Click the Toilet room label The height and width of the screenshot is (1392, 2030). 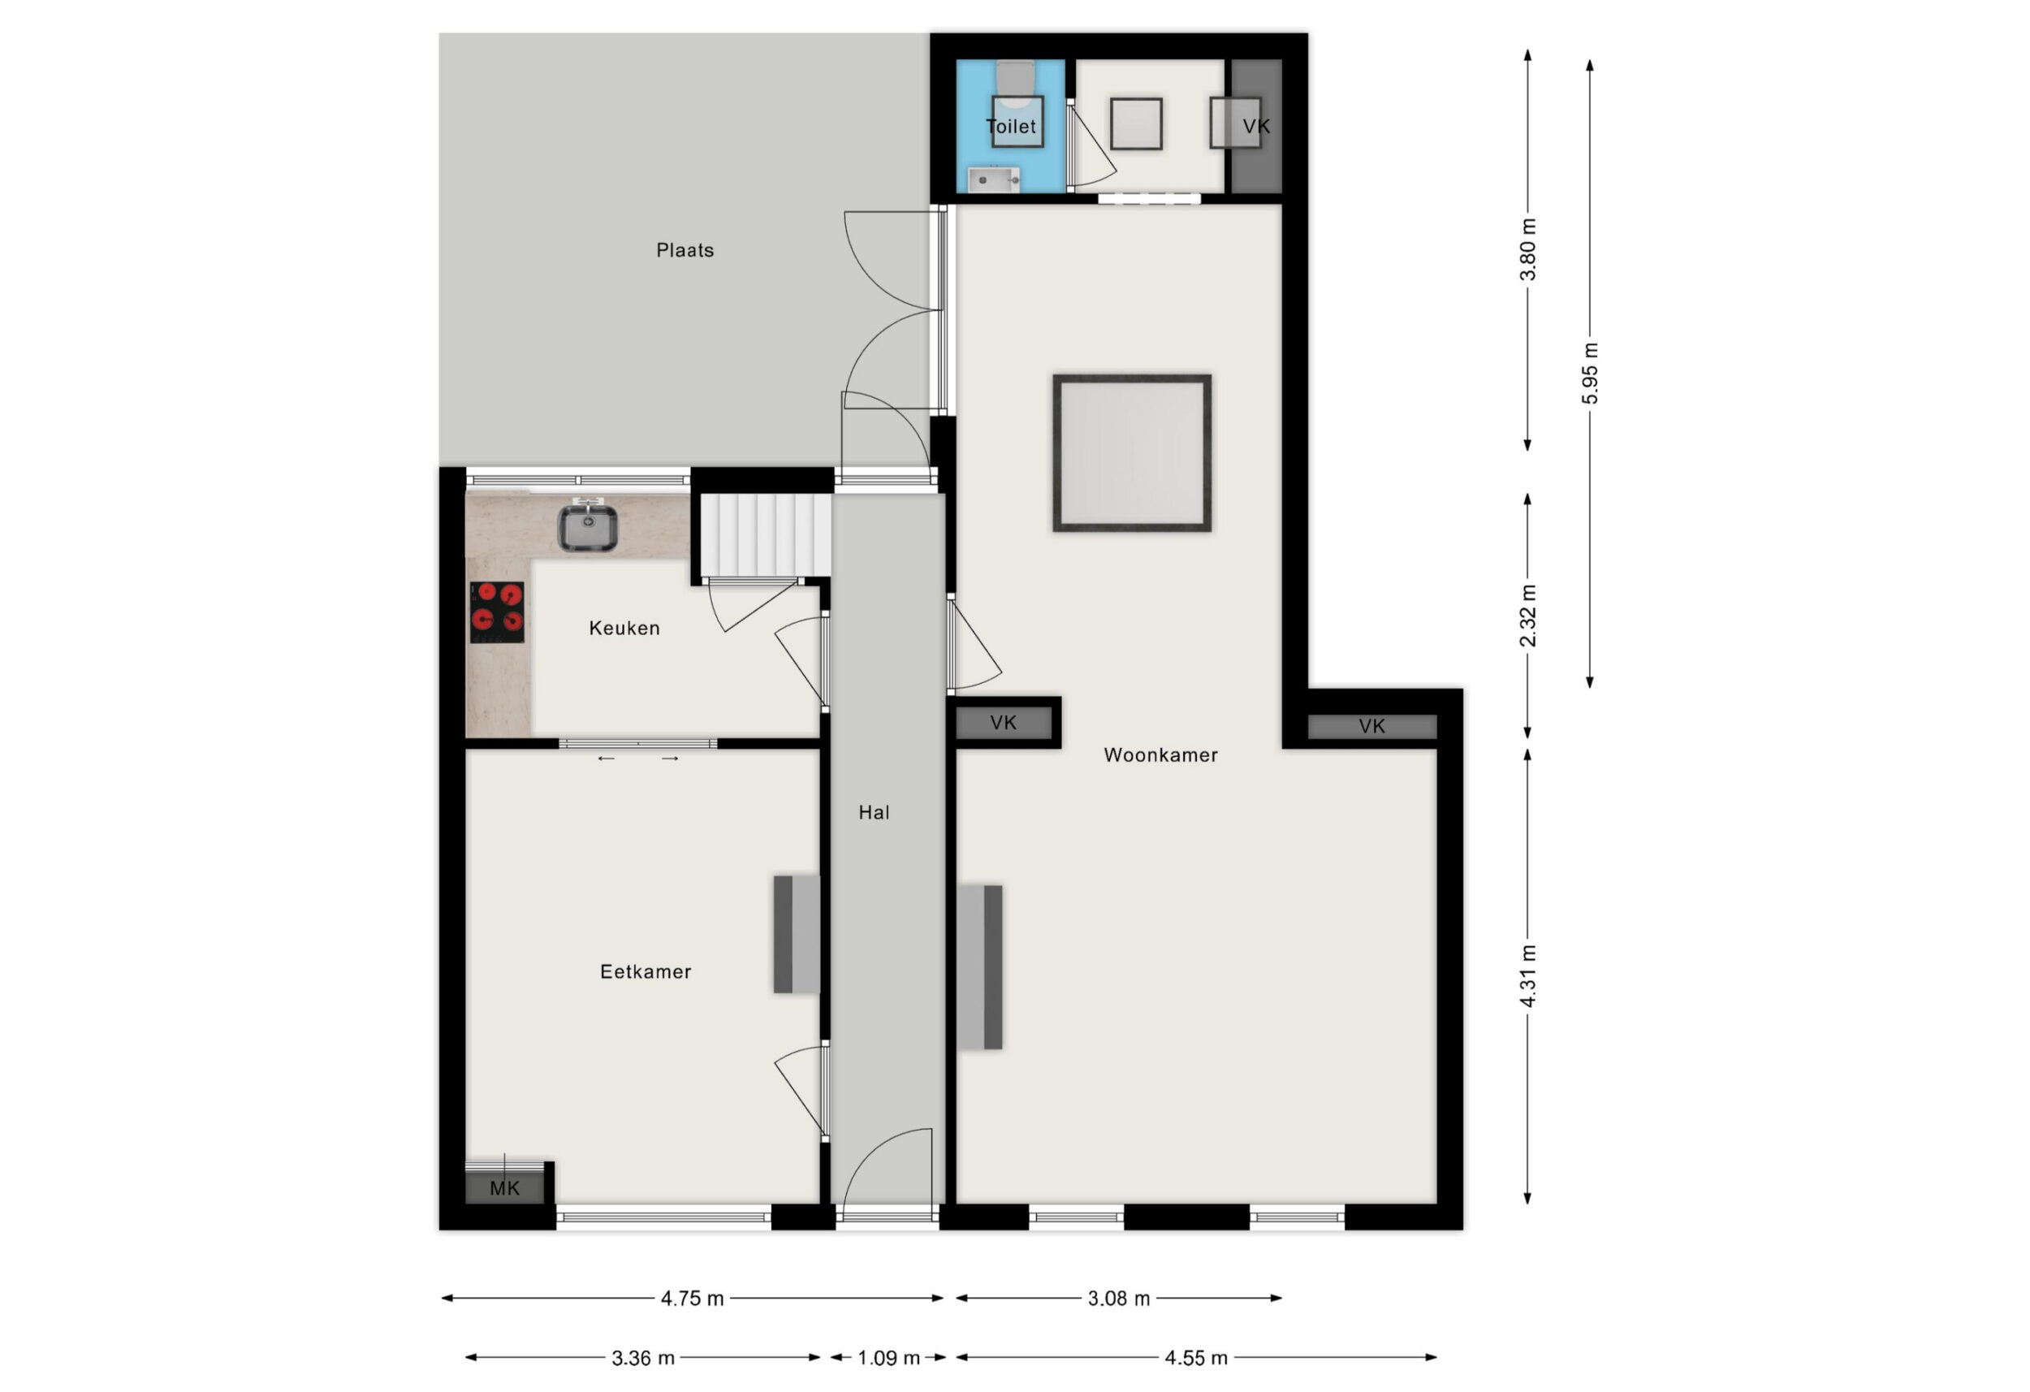pyautogui.click(x=1011, y=127)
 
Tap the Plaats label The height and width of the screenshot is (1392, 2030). pyautogui.click(x=685, y=251)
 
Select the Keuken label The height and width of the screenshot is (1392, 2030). pyautogui.click(x=624, y=629)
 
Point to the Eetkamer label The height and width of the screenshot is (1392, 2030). pyautogui.click(x=646, y=971)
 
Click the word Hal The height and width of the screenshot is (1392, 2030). pyautogui.click(x=874, y=813)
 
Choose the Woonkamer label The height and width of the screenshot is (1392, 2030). pyautogui.click(x=1160, y=755)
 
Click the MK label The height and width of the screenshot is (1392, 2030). pyautogui.click(x=505, y=1188)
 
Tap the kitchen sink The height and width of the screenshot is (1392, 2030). pyautogui.click(x=588, y=526)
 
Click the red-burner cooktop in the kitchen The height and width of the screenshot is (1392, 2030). pyautogui.click(x=497, y=612)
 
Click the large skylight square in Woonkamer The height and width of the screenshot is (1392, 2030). pyautogui.click(x=1132, y=452)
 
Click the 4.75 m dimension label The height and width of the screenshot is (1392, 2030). pyautogui.click(x=692, y=1299)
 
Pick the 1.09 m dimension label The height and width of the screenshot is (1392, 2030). pyautogui.click(x=888, y=1358)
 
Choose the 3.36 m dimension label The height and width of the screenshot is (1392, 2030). pyautogui.click(x=643, y=1358)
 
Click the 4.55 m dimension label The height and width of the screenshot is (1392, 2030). pyautogui.click(x=1196, y=1358)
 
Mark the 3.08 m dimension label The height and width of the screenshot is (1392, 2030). pyautogui.click(x=1119, y=1299)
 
